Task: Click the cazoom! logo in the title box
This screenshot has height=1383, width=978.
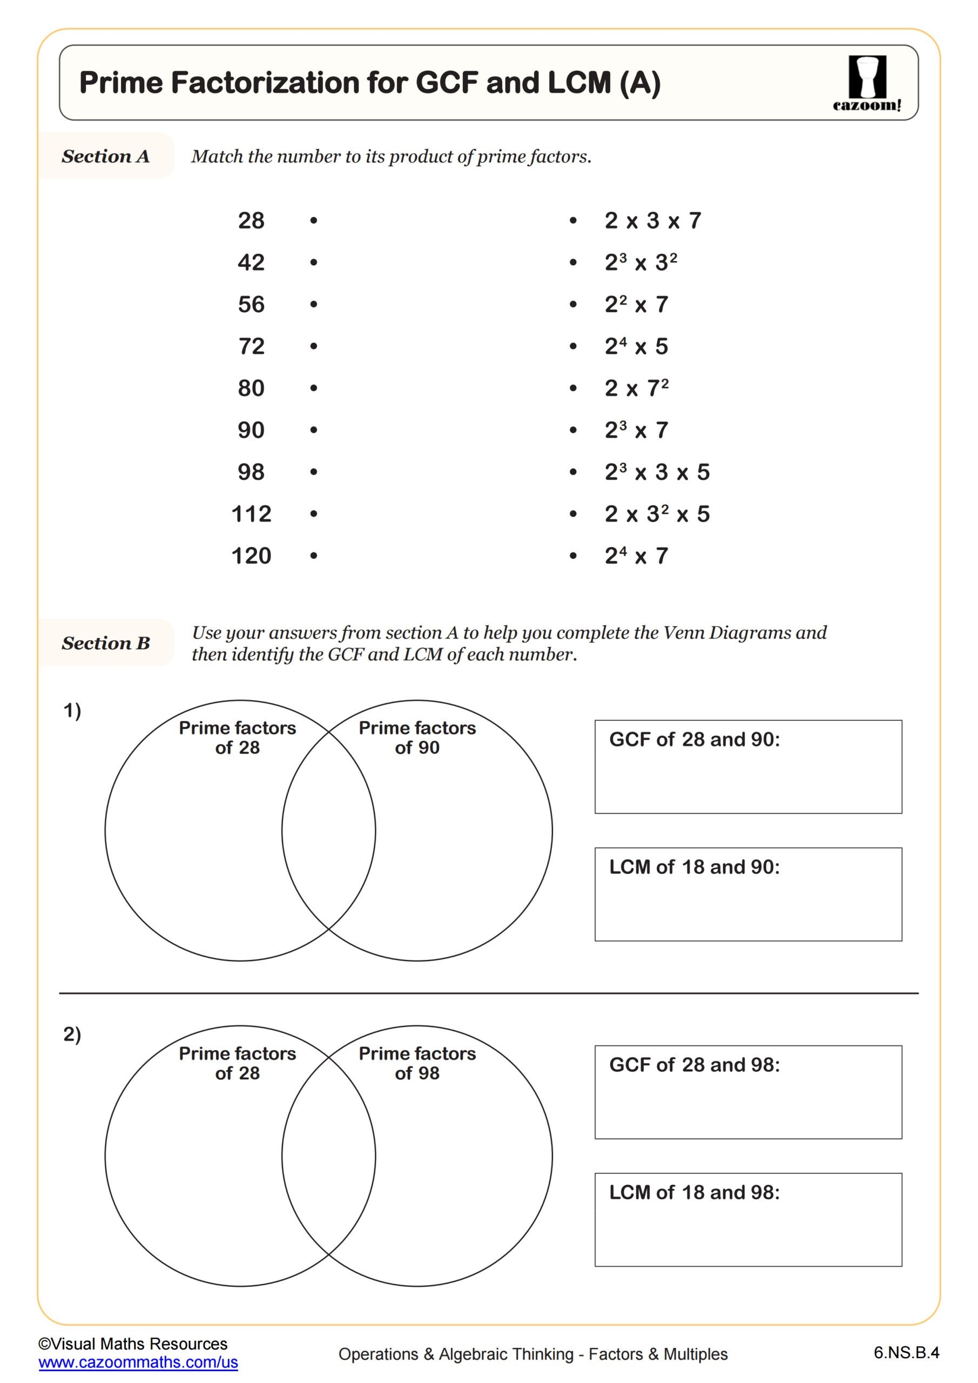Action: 867,83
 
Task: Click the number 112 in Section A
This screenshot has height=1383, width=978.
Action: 251,514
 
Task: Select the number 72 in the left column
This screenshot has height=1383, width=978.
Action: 251,346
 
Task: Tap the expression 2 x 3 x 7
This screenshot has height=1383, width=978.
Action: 653,221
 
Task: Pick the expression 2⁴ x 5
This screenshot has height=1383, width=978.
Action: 636,346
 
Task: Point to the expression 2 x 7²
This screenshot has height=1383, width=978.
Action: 636,388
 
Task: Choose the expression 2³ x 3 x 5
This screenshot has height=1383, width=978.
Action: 657,472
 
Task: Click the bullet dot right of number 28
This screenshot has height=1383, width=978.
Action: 314,221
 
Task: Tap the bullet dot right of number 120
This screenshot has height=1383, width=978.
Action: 314,556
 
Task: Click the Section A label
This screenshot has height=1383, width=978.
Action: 105,157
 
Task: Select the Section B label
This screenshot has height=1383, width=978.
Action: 105,643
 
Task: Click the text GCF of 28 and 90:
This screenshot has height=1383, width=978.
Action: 694,740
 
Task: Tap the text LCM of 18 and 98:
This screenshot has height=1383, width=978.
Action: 694,1193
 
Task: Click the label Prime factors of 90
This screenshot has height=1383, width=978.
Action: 417,737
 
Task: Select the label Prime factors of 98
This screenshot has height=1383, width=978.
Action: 417,1063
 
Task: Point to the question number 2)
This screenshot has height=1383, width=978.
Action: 72,1034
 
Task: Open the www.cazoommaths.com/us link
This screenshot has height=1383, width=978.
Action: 138,1362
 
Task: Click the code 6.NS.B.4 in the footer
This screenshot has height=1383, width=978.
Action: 906,1353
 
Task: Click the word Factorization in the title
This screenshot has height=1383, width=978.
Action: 265,83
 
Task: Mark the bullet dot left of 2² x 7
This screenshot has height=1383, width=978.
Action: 573,305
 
